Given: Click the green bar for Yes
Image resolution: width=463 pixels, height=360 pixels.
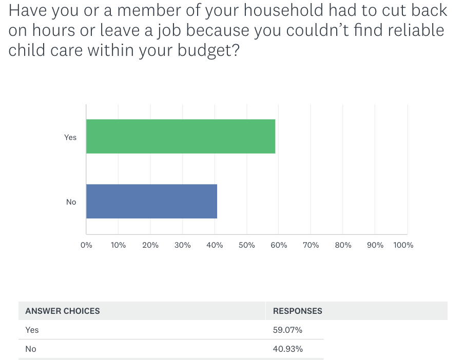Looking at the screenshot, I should pos(181,136).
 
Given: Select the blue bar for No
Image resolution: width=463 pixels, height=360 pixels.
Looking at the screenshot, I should pos(151,201).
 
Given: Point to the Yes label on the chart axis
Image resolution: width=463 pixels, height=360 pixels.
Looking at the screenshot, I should pos(70,137).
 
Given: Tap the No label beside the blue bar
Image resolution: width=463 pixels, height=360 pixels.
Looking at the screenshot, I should pos(71,202).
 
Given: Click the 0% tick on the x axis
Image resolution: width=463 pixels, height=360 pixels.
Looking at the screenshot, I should pos(86,245).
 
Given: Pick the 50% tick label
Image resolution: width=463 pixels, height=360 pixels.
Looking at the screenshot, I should pos(247,245).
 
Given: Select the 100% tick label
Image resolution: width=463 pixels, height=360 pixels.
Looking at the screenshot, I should pos(403,245).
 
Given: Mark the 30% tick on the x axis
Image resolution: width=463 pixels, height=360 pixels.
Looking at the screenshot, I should pos(183,245).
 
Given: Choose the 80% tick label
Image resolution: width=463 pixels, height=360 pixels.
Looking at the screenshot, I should pos(343,245).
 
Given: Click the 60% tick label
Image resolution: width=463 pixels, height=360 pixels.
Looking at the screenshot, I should pos(279,245).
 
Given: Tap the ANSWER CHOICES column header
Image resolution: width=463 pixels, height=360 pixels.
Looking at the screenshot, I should pos(63,311).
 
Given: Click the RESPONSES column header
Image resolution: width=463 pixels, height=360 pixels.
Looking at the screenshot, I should pos(298,311).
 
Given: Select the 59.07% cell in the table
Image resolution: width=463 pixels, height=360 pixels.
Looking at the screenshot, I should pos(287,330).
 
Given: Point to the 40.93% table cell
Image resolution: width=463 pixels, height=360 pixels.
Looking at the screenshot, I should pos(287,349).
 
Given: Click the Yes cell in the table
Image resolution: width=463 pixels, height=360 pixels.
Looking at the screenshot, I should pos(32,330).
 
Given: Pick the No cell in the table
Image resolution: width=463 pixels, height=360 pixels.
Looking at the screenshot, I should pos(31,349).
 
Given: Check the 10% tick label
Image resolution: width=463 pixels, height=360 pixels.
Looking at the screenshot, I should pos(118,245).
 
